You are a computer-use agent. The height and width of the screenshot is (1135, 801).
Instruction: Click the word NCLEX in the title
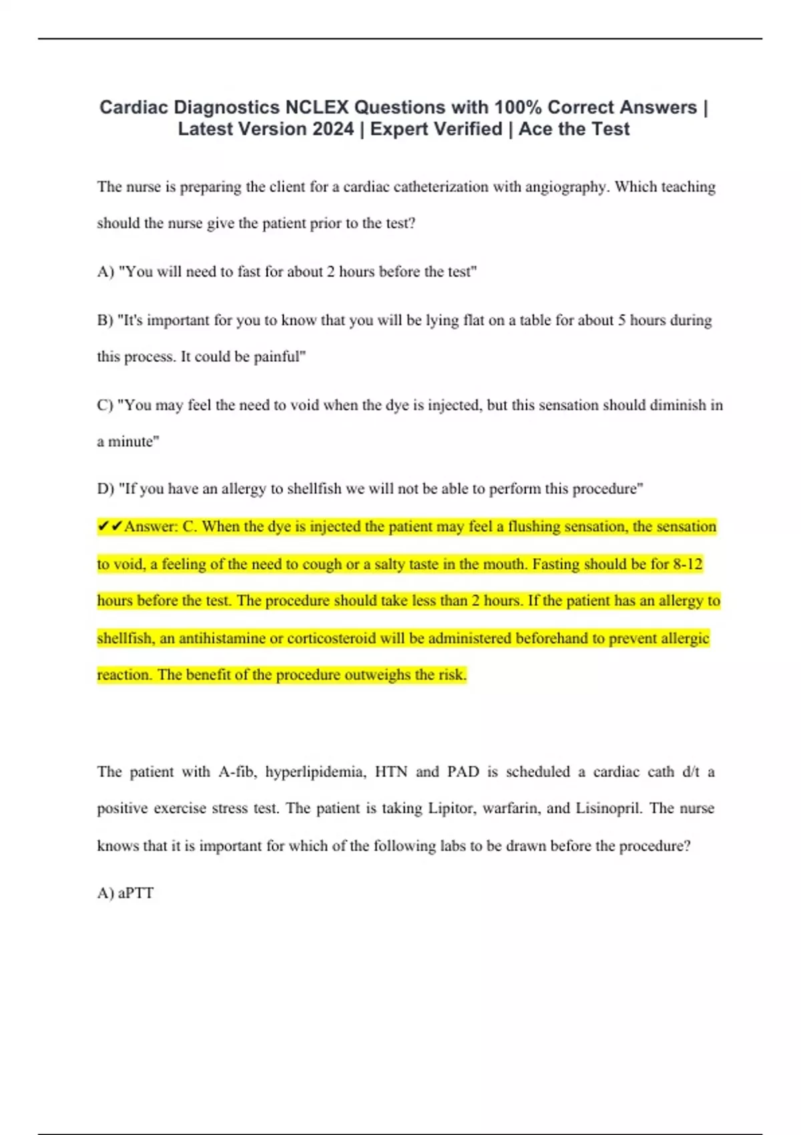316,107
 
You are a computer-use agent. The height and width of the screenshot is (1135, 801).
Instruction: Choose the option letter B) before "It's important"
105,320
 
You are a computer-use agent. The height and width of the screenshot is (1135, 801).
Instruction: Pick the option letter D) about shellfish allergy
105,489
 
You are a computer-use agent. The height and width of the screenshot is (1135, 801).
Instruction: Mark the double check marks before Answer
110,527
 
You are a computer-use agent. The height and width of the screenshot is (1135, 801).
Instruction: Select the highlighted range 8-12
688,564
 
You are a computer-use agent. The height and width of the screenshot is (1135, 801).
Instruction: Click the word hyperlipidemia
315,772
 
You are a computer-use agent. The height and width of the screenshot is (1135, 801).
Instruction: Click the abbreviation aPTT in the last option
136,893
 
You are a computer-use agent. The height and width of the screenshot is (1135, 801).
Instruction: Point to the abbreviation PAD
463,772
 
